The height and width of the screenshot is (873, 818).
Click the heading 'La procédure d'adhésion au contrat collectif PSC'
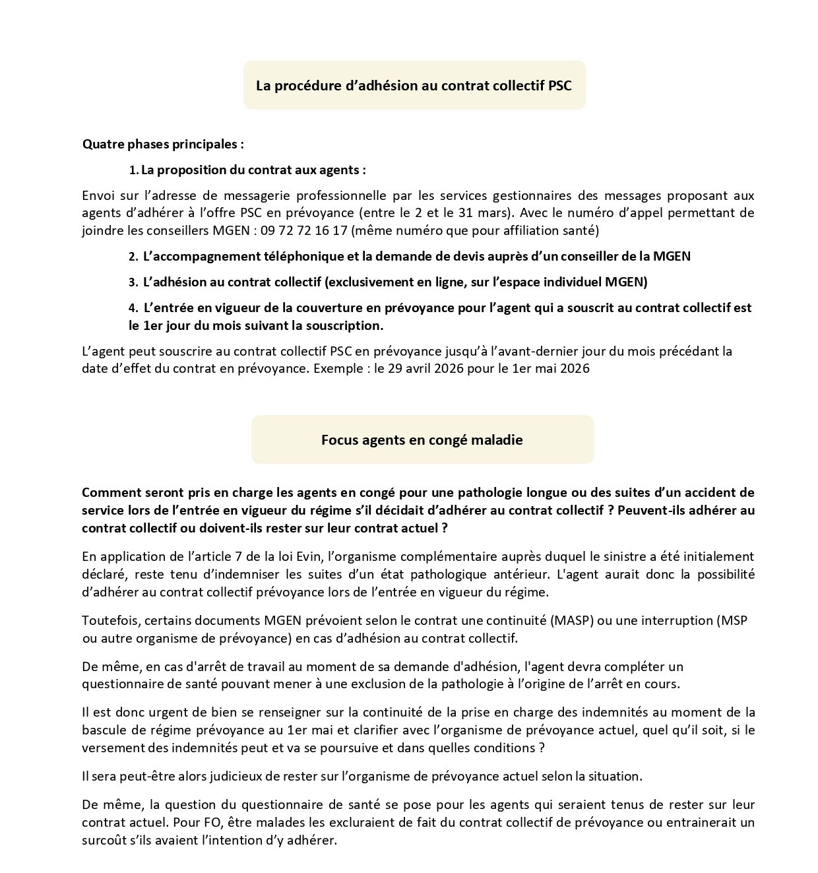[x=414, y=86]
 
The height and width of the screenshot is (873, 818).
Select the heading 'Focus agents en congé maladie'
[x=422, y=440]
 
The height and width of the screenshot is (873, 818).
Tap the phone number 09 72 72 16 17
[x=303, y=231]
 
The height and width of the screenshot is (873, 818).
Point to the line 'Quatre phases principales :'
[x=163, y=144]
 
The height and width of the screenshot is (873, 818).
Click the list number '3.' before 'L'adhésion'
[x=133, y=282]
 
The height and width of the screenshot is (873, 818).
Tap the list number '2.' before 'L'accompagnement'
[x=133, y=257]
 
